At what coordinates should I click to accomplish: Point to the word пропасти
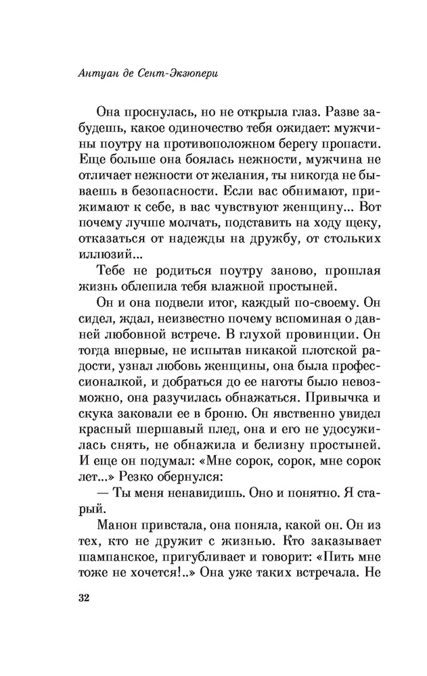pos(336,145)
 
